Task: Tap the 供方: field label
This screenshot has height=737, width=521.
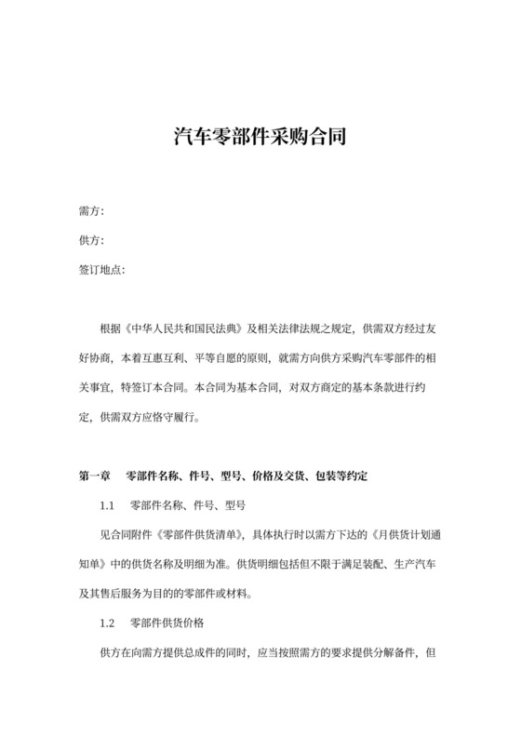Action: pos(91,241)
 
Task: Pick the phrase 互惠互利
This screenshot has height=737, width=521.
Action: pos(165,357)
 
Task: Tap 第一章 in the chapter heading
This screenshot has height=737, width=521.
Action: pos(95,476)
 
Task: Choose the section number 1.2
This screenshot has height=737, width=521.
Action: pos(106,622)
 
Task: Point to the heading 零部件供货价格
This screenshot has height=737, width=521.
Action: pos(167,622)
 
